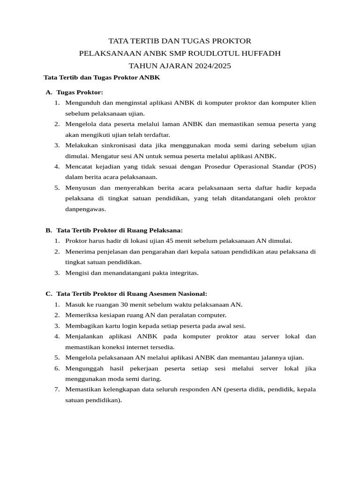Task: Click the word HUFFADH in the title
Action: (261, 53)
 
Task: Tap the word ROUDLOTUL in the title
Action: (215, 53)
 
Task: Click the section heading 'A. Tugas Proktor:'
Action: (74, 92)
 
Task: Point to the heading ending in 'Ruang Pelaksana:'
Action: (119, 230)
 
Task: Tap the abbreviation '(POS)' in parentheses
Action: (307, 166)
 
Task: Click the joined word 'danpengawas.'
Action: (86, 209)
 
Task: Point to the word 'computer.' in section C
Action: (212, 315)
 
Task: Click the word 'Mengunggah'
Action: (83, 369)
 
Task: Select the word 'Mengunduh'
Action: (82, 103)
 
